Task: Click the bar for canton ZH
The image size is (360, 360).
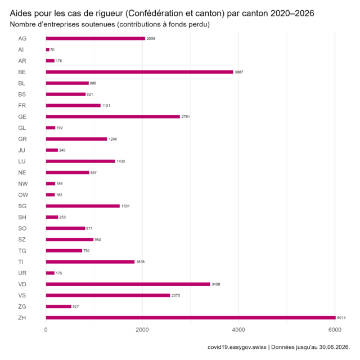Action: click(191, 318)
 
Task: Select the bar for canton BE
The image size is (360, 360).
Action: click(139, 72)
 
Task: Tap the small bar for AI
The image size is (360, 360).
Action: click(47, 49)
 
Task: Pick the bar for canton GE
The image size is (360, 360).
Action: click(113, 116)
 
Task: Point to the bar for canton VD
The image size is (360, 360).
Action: click(128, 284)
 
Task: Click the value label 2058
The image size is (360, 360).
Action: click(151, 39)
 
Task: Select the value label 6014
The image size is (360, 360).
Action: click(341, 318)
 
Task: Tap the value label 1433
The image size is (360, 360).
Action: click(121, 161)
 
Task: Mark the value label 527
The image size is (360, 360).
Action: click(76, 307)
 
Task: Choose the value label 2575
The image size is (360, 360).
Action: click(176, 295)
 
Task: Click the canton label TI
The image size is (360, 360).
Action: click(21, 262)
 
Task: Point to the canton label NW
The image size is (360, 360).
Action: click(23, 184)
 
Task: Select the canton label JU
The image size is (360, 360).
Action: click(21, 150)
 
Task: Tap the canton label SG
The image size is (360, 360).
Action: click(22, 206)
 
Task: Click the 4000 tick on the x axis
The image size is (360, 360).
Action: click(238, 330)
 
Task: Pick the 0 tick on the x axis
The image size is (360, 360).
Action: click(46, 330)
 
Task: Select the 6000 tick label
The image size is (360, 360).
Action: click(335, 330)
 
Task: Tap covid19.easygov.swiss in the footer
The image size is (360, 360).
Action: click(237, 347)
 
